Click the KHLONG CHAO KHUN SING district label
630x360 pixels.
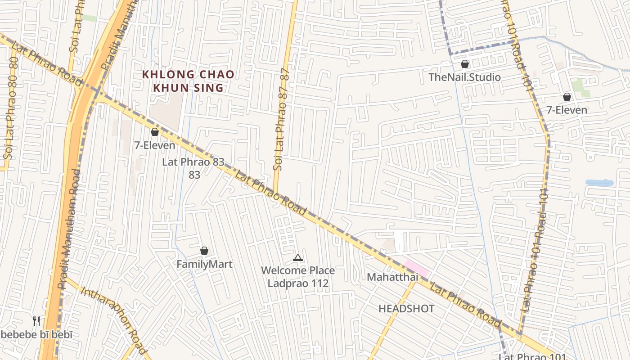188,81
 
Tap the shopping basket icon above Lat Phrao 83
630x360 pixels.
155,132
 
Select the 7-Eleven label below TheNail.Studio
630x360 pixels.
567,110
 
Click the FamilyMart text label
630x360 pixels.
204,264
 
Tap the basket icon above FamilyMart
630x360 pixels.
204,251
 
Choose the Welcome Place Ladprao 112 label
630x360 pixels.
298,277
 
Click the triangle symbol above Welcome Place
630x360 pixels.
297,258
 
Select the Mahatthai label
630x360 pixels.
392,277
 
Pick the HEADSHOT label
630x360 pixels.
406,309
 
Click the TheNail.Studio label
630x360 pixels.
464,77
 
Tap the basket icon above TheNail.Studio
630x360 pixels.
465,64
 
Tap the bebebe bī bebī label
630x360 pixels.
36,335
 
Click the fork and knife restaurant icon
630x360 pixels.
36,321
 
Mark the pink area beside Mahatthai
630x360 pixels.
417,268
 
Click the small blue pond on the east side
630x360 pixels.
599,183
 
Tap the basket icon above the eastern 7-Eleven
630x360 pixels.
567,97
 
